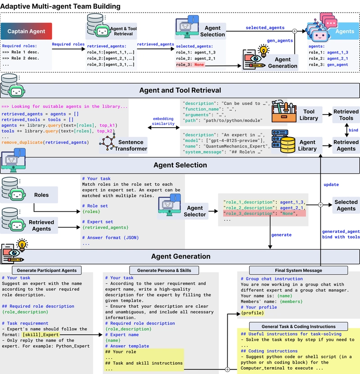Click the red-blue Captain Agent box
[x=26, y=31]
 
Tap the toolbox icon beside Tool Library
[x=284, y=111]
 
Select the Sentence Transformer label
[x=131, y=145]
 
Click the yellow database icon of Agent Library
[x=288, y=145]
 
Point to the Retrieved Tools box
[x=346, y=115]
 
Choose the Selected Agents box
[x=346, y=205]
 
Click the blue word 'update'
[x=331, y=184]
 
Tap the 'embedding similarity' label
[x=163, y=121]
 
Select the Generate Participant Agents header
[x=46, y=270]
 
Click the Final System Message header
[x=298, y=270]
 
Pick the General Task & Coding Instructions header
[x=298, y=326]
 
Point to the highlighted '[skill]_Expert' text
[x=41, y=334]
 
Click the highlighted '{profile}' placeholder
[x=252, y=313]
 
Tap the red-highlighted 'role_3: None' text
[x=190, y=64]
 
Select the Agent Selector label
[x=194, y=211]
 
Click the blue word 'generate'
[x=281, y=235]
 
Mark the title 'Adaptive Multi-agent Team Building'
[x=60, y=6]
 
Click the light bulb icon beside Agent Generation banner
[x=22, y=245]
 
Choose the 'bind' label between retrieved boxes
[x=353, y=130]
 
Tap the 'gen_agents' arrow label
[x=280, y=40]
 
